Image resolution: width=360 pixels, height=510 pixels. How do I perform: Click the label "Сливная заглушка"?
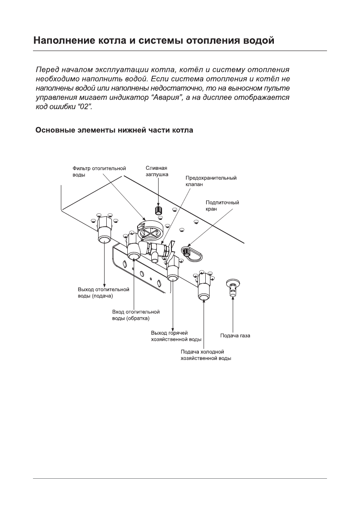(156, 172)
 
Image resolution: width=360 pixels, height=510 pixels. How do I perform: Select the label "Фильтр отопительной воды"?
(98, 172)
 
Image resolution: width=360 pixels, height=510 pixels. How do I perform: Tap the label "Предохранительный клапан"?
(210, 180)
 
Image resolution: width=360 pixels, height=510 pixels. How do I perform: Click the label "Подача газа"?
(235, 336)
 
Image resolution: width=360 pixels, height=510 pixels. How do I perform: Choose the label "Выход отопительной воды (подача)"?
(100, 293)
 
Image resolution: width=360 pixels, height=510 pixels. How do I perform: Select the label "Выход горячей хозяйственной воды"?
(176, 336)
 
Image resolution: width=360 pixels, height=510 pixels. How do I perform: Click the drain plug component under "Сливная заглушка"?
(158, 210)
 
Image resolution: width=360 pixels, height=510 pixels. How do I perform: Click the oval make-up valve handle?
(188, 251)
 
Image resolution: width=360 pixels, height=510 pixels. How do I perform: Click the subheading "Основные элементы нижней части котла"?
(114, 130)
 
